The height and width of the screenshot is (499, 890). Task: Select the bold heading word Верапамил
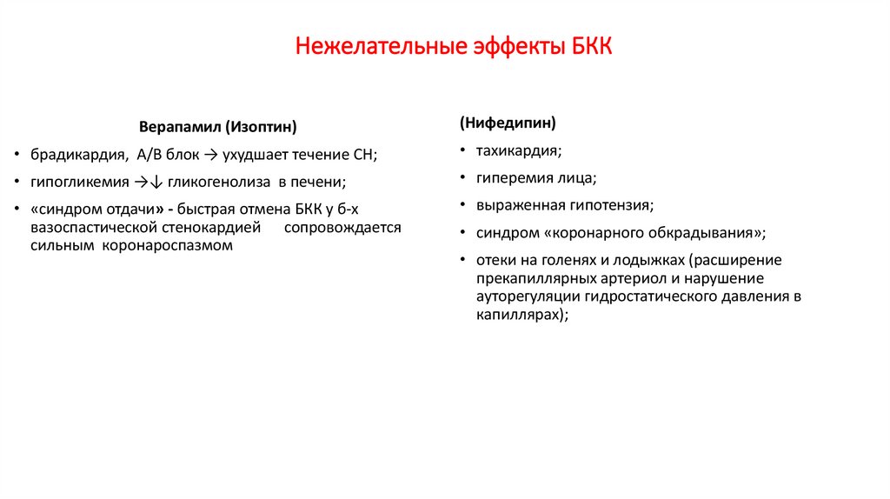tap(180, 128)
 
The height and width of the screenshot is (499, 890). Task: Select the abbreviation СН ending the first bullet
tap(364, 156)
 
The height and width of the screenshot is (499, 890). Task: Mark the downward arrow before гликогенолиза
tap(156, 183)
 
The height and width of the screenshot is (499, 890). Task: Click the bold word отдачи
tap(128, 210)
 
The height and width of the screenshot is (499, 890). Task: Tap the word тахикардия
tap(517, 150)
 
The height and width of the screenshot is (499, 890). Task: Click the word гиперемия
tap(514, 178)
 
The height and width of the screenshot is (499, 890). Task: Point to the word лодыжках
tap(654, 261)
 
